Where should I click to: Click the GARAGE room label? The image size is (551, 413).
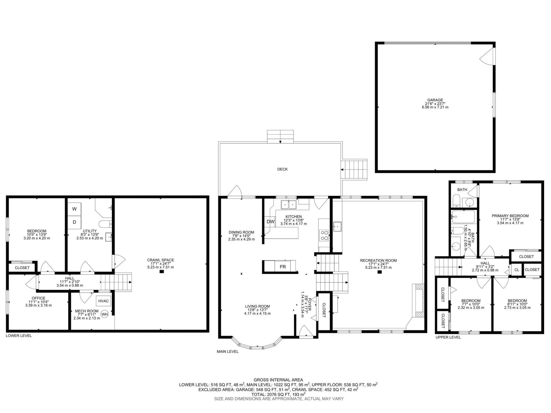click(x=435, y=100)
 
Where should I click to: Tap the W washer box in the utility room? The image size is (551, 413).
click(x=74, y=209)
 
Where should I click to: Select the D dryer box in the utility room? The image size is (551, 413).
click(x=74, y=222)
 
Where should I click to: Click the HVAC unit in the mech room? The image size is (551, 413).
click(x=103, y=301)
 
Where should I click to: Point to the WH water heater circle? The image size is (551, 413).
click(x=104, y=314)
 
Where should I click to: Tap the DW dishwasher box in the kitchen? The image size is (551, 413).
click(x=270, y=222)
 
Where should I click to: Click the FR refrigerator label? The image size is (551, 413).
click(x=282, y=267)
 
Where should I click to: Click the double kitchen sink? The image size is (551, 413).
click(x=289, y=205)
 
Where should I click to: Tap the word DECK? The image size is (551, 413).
click(x=282, y=169)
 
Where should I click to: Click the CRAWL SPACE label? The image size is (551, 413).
click(x=160, y=260)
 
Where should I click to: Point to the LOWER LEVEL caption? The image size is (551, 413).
click(x=19, y=336)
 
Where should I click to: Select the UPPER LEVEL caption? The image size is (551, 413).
click(x=448, y=337)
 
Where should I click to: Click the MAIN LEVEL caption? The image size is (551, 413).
click(x=227, y=351)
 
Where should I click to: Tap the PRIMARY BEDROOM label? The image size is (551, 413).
click(x=510, y=216)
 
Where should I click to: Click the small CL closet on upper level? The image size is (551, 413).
click(x=517, y=270)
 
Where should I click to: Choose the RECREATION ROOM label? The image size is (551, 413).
click(x=378, y=261)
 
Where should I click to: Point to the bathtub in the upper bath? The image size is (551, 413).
click(x=464, y=217)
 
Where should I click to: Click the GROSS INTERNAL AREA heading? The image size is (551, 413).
click(x=278, y=380)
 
